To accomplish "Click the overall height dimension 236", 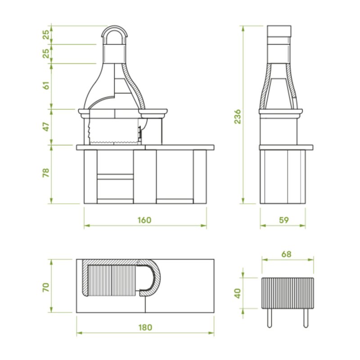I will tap(238, 116).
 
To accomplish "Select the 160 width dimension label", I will tap(144, 220).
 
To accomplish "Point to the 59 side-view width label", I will tap(283, 220).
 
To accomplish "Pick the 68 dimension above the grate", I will tap(286, 254).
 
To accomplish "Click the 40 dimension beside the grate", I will tap(238, 293).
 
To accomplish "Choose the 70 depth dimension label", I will tap(46, 287).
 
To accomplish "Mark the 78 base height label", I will tap(46, 173).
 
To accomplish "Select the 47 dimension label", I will tap(46, 127).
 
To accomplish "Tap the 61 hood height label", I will tap(46, 85).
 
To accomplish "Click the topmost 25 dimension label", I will tap(46, 35).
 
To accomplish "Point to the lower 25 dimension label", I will tap(46, 54).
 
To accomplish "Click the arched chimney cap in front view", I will tap(115, 33).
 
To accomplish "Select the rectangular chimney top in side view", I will tap(279, 31).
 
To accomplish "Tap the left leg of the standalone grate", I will tap(269, 317).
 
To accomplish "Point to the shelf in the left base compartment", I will tap(115, 176).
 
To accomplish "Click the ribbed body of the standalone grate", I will tap(288, 293).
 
